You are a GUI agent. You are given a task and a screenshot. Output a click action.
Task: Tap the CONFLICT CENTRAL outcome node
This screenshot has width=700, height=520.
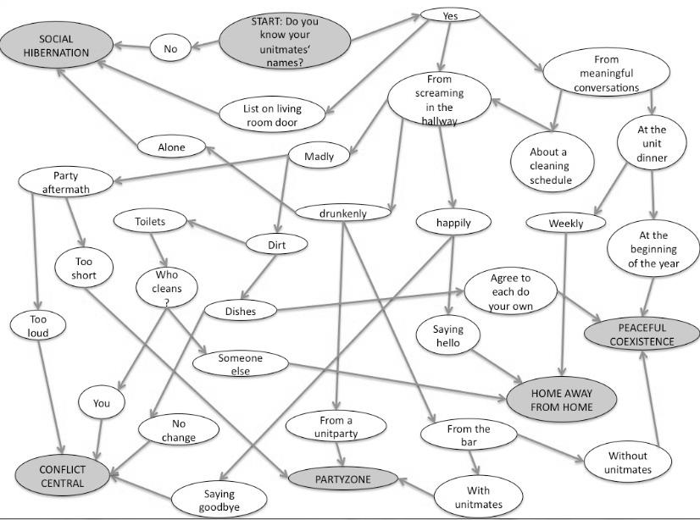[x=61, y=476]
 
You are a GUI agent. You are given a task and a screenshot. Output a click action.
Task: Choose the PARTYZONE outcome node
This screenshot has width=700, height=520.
[x=343, y=479]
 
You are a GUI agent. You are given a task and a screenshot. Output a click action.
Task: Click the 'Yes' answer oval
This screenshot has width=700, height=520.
[x=449, y=16]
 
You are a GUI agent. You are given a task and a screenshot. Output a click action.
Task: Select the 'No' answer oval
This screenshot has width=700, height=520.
[x=170, y=49]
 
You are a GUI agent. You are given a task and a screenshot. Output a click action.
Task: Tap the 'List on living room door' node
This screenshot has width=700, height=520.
[x=272, y=114]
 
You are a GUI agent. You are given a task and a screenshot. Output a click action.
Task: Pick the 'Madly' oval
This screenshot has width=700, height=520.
[x=319, y=156]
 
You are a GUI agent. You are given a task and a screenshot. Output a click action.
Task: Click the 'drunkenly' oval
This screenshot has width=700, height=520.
[x=343, y=213]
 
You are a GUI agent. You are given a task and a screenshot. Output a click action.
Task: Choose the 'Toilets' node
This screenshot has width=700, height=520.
[x=150, y=222]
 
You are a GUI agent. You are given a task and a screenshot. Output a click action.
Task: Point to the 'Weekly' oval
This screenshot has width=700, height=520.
[x=565, y=224]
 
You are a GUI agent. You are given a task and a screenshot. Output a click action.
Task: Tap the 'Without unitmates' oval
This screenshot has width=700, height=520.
[x=627, y=462]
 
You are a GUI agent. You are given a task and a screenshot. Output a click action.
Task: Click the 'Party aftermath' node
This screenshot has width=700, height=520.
[x=65, y=182]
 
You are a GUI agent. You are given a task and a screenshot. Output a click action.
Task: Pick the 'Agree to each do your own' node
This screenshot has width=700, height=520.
[x=509, y=291]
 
